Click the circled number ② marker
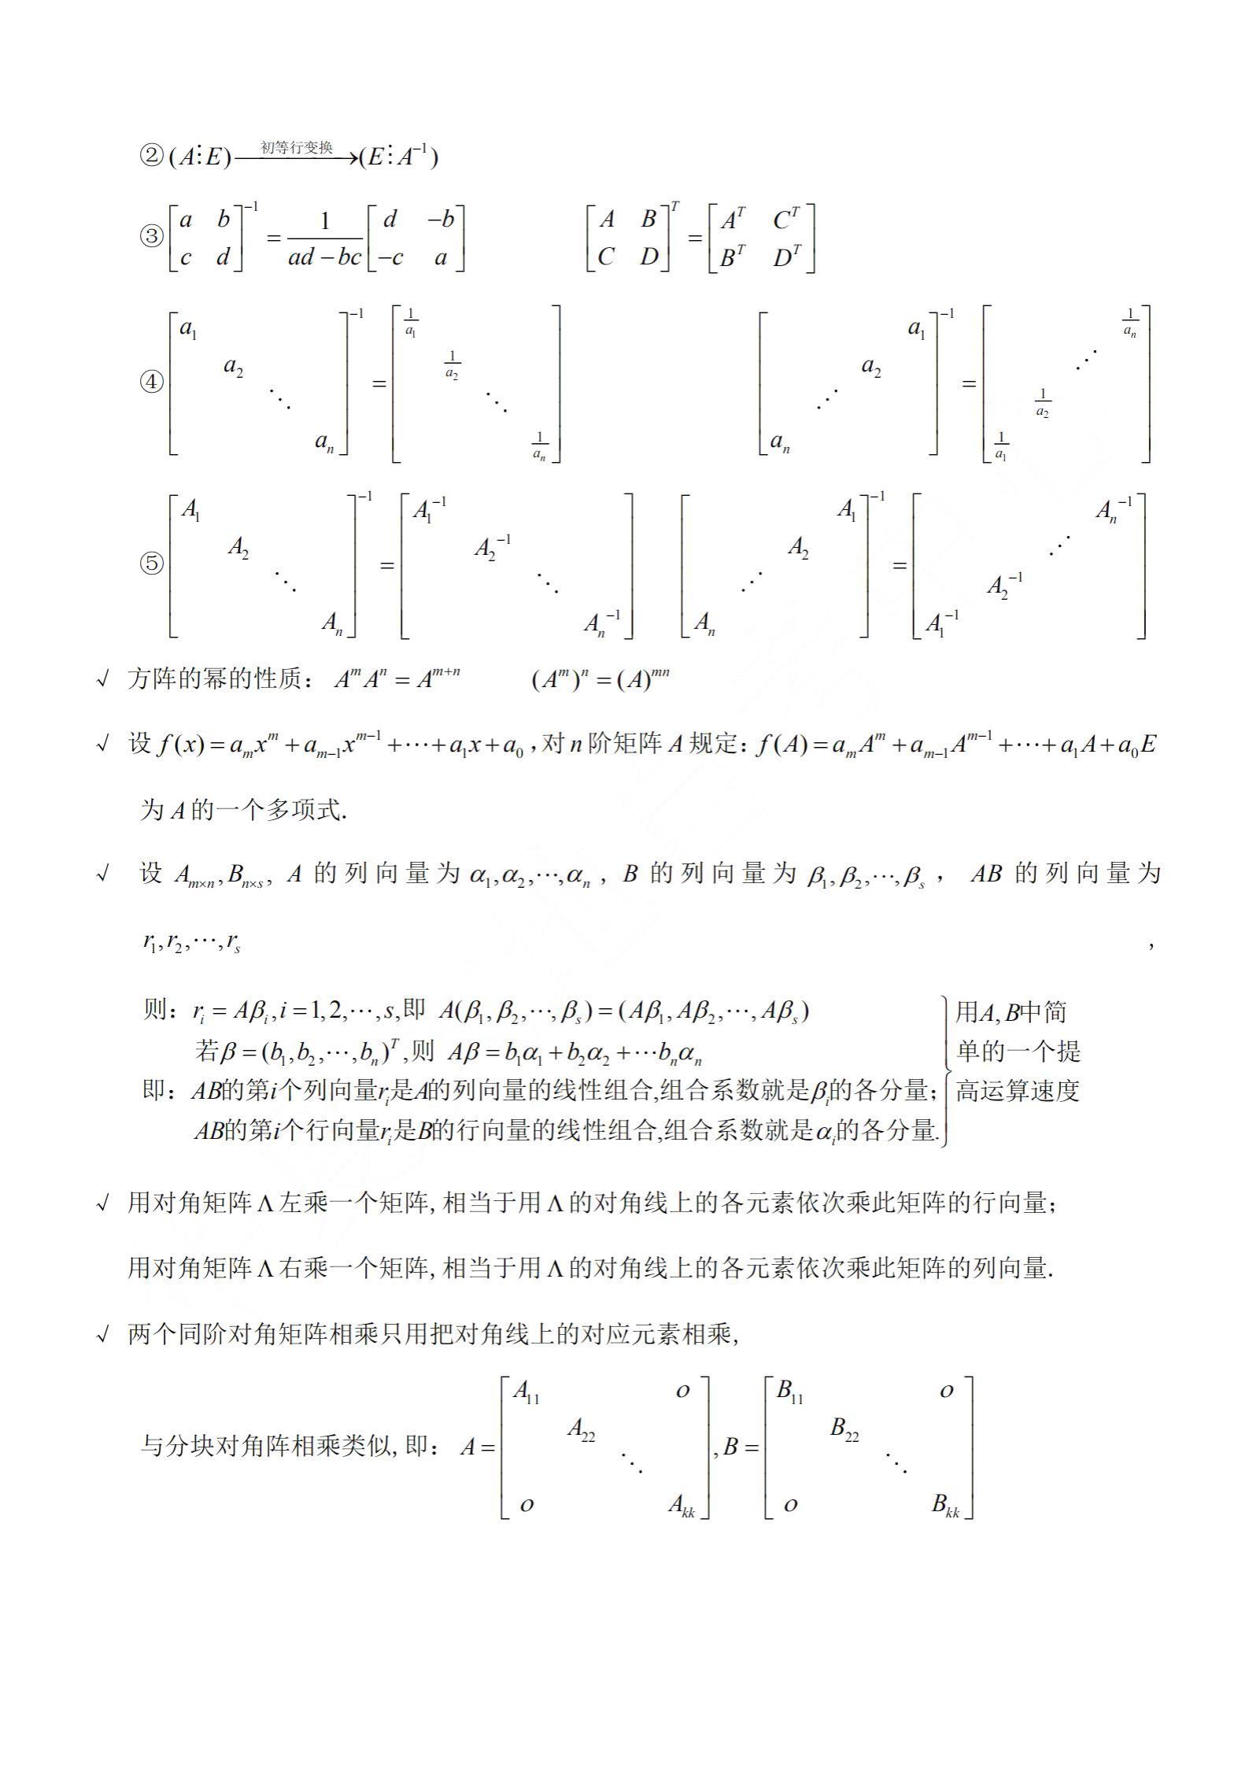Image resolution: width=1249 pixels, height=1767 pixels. click(151, 157)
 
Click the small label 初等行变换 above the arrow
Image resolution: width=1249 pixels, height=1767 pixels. click(297, 148)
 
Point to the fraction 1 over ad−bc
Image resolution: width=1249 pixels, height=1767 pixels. click(324, 238)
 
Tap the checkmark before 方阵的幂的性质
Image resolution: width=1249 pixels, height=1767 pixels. click(102, 680)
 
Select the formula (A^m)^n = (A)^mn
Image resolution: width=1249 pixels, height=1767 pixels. click(600, 679)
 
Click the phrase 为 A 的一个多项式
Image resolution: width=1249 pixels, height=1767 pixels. click(243, 810)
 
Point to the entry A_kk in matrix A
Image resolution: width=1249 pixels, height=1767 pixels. click(682, 1505)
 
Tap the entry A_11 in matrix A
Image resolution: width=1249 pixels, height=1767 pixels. click(527, 1392)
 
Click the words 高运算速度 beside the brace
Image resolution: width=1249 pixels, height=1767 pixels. click(1017, 1091)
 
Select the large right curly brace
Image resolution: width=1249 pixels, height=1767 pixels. click(947, 1070)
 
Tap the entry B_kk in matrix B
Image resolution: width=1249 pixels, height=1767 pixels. click(945, 1505)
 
